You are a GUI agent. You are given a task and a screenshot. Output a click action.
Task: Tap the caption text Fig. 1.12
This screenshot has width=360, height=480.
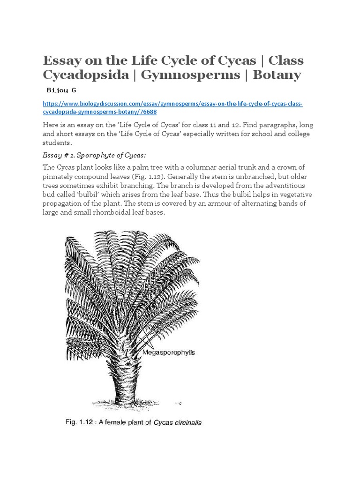pyautogui.click(x=76, y=422)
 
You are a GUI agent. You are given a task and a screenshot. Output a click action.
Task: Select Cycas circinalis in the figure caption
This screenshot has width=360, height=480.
pyautogui.click(x=180, y=422)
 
